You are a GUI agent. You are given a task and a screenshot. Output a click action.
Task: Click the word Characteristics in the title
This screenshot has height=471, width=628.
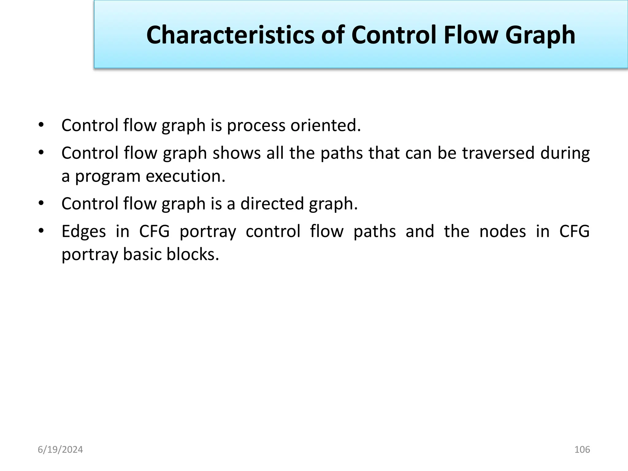[230, 35]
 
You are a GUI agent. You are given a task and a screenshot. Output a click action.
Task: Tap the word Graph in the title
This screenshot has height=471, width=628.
[540, 35]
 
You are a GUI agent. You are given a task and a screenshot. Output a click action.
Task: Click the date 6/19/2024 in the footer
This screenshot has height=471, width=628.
[60, 450]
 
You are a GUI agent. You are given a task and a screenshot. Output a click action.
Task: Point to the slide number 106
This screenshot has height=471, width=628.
[582, 450]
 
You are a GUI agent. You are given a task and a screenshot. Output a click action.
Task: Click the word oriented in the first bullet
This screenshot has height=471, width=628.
[325, 125]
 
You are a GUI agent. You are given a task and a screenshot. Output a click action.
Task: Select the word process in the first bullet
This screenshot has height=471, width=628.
[256, 125]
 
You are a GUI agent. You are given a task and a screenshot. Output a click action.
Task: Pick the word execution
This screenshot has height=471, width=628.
[185, 176]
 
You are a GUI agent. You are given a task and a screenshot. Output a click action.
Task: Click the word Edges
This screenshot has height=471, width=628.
[83, 231]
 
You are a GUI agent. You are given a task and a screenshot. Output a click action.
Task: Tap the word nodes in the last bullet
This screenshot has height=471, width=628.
[503, 231]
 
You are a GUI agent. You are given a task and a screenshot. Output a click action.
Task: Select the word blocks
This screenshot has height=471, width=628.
[193, 255]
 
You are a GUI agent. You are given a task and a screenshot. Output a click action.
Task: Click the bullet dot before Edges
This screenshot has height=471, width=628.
[41, 231]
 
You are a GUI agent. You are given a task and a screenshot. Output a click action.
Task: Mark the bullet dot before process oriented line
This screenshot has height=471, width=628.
[41, 125]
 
